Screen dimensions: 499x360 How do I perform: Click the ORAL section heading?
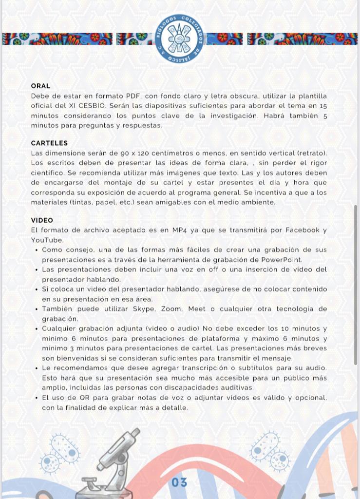[x=40, y=86]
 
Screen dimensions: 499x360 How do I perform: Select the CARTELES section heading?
[x=49, y=143]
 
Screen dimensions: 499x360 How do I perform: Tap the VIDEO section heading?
[x=42, y=220]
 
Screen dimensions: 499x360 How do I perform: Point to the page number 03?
[x=179, y=482]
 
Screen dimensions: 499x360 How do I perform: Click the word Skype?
[x=144, y=309]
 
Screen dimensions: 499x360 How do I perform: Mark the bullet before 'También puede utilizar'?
[x=37, y=309]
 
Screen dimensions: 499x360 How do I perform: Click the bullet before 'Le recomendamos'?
[x=37, y=368]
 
